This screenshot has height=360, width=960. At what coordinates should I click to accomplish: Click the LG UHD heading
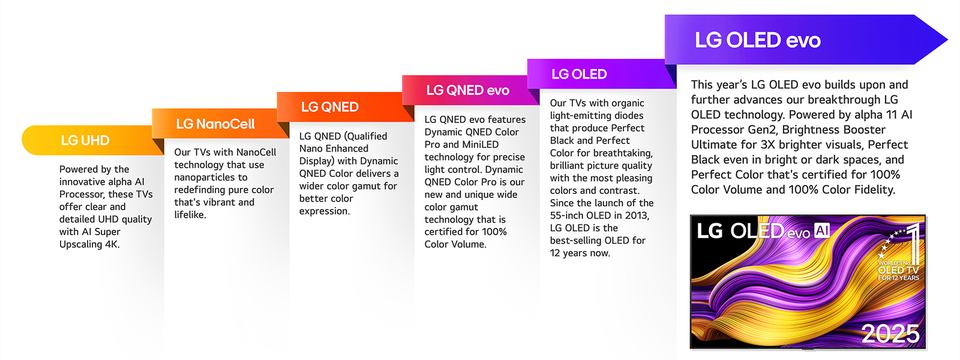[85, 140]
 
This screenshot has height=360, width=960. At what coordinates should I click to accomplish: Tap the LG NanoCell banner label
[215, 124]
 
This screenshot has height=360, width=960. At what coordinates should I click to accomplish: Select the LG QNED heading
[329, 107]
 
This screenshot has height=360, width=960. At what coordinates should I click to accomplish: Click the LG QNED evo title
[467, 91]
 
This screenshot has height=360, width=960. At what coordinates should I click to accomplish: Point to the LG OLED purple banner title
[579, 74]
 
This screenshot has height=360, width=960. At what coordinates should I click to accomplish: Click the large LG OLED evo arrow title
[757, 40]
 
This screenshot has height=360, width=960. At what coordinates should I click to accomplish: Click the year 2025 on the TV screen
[890, 334]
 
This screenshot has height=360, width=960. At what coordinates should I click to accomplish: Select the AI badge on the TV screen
[822, 231]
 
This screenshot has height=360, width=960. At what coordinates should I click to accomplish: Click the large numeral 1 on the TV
[913, 242]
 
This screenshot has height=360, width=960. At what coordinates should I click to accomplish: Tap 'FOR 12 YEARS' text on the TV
[898, 278]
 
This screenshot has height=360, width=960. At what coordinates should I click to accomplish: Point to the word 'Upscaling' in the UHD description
[80, 244]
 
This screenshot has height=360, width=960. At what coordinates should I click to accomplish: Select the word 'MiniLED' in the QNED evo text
[480, 145]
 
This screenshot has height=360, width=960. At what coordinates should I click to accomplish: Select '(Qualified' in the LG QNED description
[365, 136]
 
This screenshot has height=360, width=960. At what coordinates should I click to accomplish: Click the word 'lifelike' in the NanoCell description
[189, 215]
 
